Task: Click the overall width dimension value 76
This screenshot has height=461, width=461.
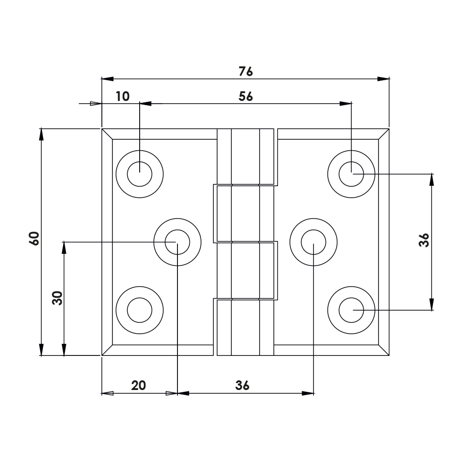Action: [246, 71]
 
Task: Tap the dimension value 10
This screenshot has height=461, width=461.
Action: [123, 96]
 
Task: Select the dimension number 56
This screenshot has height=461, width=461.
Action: [246, 96]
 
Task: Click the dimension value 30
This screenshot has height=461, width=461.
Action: [57, 298]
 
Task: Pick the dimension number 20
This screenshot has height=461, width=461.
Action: [138, 385]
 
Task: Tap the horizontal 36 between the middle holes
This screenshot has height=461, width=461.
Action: [242, 385]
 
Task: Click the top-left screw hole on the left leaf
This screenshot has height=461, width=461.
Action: [140, 174]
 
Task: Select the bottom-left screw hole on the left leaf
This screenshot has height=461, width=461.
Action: [140, 310]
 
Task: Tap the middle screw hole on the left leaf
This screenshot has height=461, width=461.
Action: [177, 242]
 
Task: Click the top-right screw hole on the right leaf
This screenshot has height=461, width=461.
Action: [351, 174]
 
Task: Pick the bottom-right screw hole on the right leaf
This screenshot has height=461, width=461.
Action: [351, 310]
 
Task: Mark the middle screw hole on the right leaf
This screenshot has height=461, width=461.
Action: [313, 242]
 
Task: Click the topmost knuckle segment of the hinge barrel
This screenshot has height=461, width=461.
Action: [246, 157]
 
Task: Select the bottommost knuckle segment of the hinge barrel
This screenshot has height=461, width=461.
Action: [246, 327]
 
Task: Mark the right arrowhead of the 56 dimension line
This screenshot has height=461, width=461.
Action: [345, 104]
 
